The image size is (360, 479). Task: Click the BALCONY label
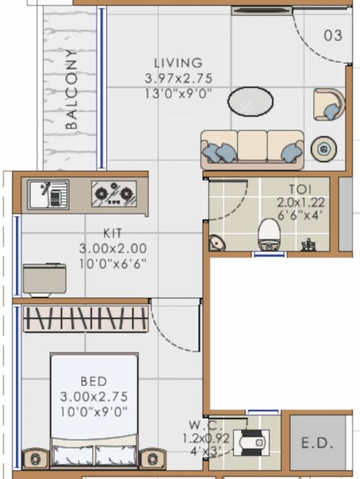[x=72, y=89]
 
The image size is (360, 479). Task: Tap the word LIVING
[x=178, y=63]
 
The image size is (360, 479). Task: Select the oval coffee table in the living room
[x=250, y=101]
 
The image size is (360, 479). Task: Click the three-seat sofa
[x=252, y=150]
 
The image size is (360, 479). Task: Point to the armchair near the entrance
[x=329, y=104]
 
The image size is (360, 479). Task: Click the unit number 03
[x=333, y=36]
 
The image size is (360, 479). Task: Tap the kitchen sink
[x=48, y=194]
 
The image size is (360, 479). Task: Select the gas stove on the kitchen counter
[x=114, y=194]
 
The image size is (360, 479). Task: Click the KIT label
[x=113, y=233]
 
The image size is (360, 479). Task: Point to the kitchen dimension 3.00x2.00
[x=113, y=248]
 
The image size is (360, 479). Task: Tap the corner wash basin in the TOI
[x=216, y=241]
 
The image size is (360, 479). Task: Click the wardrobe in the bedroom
[x=85, y=319]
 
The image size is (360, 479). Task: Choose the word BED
[x=94, y=381]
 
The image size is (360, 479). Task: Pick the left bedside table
[x=35, y=458]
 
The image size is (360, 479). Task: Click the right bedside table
[x=152, y=458]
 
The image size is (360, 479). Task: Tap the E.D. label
[x=318, y=443]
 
